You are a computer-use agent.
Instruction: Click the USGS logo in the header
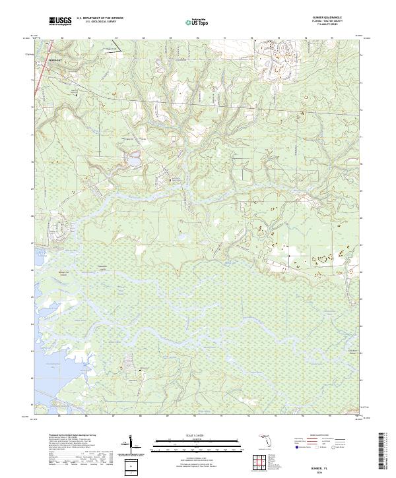(x=61, y=21)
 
